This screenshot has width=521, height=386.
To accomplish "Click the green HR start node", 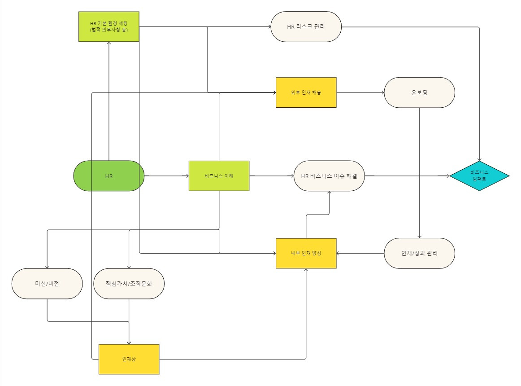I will click(109, 176).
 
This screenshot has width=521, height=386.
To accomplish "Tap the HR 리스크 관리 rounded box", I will click(306, 26).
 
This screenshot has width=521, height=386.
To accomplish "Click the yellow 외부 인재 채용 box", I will click(306, 92).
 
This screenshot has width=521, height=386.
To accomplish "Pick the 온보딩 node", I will click(419, 92).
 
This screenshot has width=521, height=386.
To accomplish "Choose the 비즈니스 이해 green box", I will click(219, 176).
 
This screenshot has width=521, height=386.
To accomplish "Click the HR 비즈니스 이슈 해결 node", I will click(329, 176).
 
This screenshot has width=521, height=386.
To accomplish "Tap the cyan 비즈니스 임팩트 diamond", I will click(479, 176).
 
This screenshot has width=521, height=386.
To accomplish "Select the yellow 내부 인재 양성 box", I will click(306, 253).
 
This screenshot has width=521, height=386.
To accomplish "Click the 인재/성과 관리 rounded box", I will click(419, 253).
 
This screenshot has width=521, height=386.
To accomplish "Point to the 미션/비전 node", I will click(47, 284).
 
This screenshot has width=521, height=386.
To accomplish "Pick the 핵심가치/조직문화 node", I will click(129, 284).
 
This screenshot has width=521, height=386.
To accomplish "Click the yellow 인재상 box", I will click(129, 359).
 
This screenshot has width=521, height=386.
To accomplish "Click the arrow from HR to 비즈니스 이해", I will click(166, 176).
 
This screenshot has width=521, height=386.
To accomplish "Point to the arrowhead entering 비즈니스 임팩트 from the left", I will click(447, 176).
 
